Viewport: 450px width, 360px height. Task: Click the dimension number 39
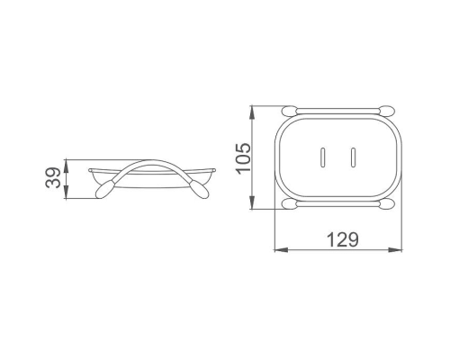click(x=53, y=177)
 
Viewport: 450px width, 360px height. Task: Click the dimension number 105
click(x=243, y=158)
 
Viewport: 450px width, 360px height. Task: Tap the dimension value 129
click(x=342, y=239)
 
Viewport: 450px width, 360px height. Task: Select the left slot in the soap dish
click(x=322, y=157)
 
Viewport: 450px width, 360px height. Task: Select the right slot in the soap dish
click(x=353, y=157)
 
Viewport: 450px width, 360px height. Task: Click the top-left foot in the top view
click(x=290, y=110)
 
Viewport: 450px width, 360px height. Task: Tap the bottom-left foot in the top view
click(x=290, y=204)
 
